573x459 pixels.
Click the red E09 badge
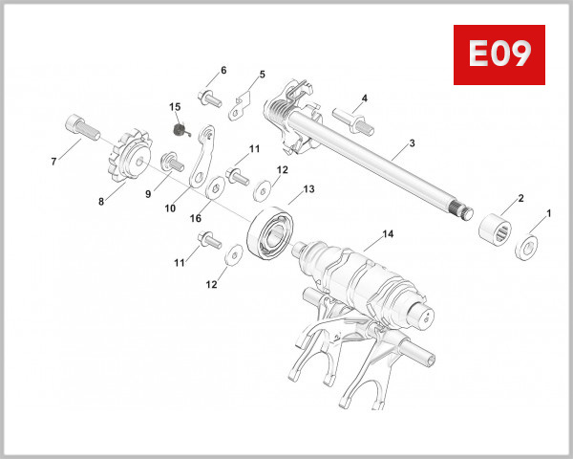coord(499,55)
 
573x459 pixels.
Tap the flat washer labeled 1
coord(525,249)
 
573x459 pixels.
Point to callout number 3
coord(412,143)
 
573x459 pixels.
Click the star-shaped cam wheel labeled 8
coord(124,163)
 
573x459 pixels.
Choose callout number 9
coord(148,193)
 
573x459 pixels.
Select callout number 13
coord(308,190)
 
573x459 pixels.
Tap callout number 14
coord(386,233)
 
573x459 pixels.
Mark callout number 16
coord(195,219)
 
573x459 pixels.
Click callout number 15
coord(175,106)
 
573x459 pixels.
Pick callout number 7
coord(53,162)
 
